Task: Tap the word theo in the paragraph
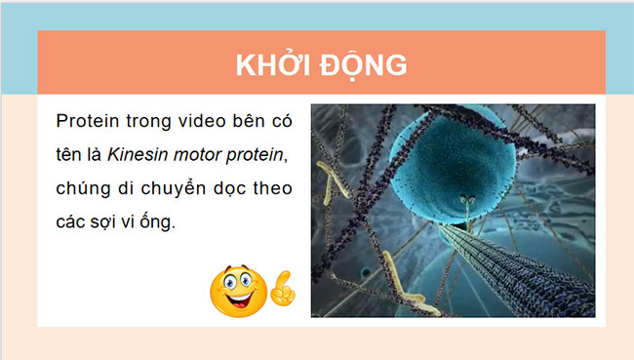[269, 187]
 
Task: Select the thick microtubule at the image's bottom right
[532, 278]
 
